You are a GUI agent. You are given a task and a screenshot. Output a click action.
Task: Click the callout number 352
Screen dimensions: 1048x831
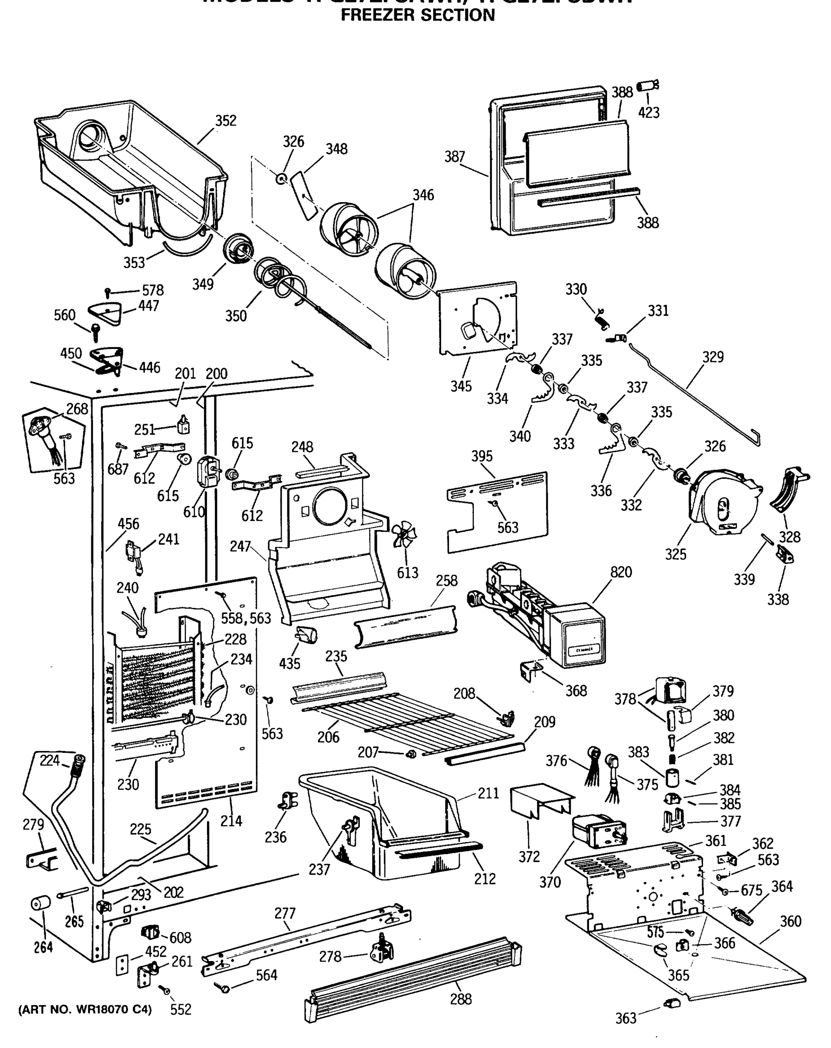tap(225, 121)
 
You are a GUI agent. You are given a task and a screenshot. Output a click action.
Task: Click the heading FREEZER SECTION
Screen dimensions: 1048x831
tap(417, 16)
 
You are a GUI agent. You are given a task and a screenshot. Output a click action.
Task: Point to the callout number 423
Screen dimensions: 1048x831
tap(649, 113)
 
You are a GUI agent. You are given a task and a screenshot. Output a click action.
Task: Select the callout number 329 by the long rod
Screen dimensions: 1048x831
tap(712, 357)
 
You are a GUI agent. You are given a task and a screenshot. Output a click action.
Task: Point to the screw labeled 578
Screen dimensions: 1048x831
tap(108, 292)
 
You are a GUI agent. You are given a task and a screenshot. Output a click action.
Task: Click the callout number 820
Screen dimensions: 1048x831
tap(621, 572)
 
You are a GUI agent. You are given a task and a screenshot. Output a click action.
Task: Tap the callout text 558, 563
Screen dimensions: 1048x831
tap(246, 618)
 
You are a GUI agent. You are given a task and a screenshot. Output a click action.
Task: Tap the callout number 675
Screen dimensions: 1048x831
tap(751, 890)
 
